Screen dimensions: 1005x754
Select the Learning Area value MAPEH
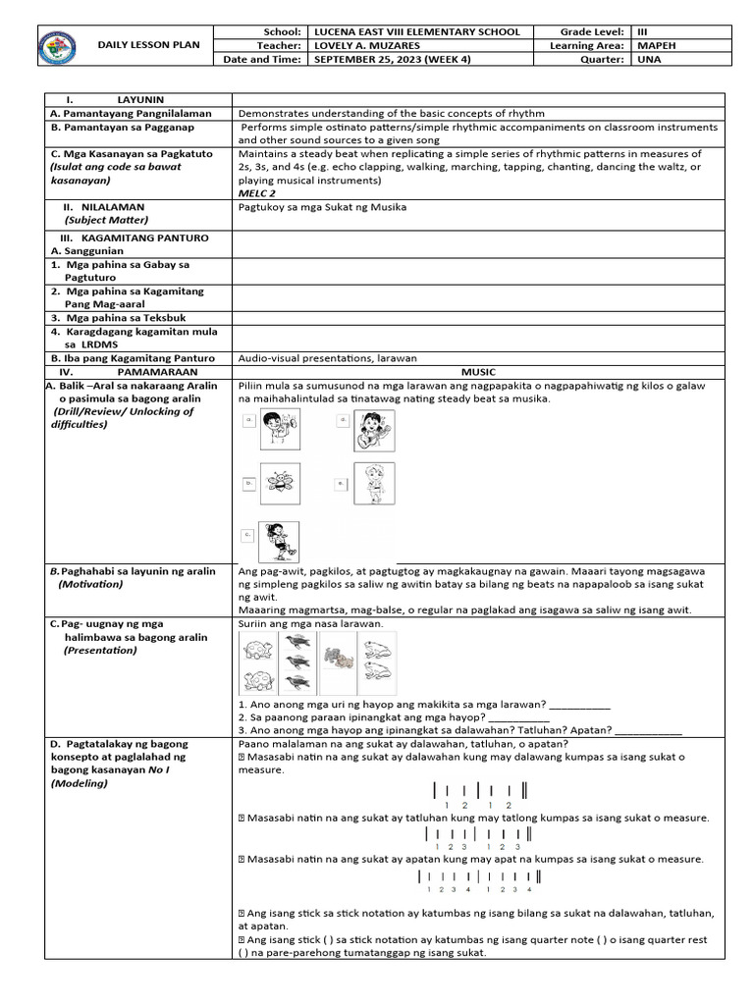click(x=655, y=45)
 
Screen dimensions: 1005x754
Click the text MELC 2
click(x=256, y=193)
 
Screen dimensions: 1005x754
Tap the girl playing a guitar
click(x=374, y=430)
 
